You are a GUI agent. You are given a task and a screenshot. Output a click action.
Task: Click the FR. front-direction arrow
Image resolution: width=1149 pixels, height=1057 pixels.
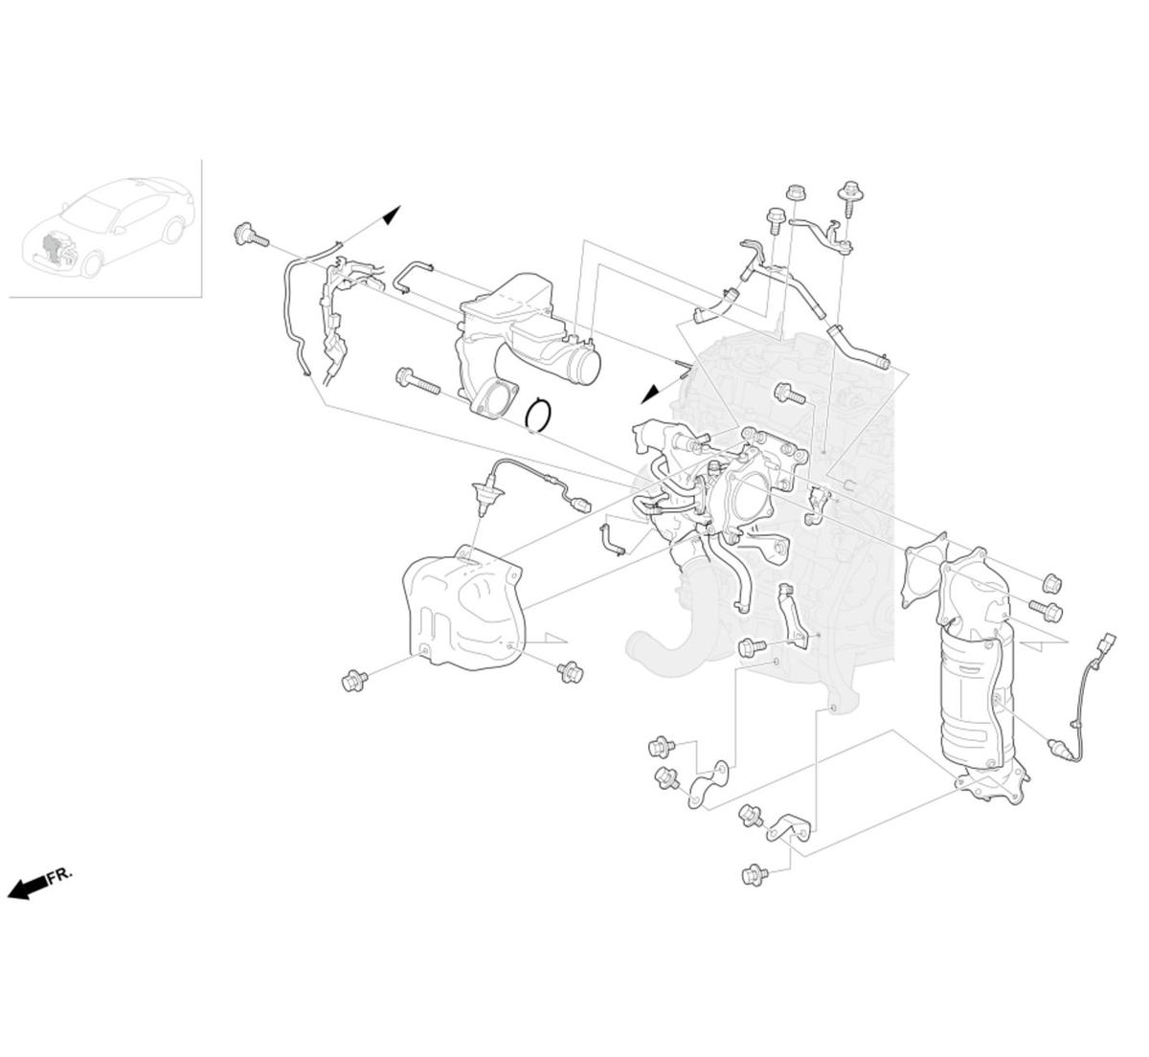click(29, 886)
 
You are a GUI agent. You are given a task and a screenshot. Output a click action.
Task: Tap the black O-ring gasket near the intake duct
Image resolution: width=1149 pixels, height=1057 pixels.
click(539, 414)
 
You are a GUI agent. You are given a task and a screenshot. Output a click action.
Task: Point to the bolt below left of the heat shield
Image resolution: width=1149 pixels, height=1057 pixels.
click(354, 681)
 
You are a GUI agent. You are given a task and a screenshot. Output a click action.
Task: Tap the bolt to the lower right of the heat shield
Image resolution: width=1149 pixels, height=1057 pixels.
click(571, 672)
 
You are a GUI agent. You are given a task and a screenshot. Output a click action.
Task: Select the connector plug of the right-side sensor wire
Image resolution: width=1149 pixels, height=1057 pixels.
click(1109, 642)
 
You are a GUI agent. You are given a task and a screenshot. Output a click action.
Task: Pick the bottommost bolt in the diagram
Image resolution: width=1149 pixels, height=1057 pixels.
click(755, 873)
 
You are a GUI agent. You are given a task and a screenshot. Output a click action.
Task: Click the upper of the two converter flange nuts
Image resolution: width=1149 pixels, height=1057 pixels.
click(1051, 582)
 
